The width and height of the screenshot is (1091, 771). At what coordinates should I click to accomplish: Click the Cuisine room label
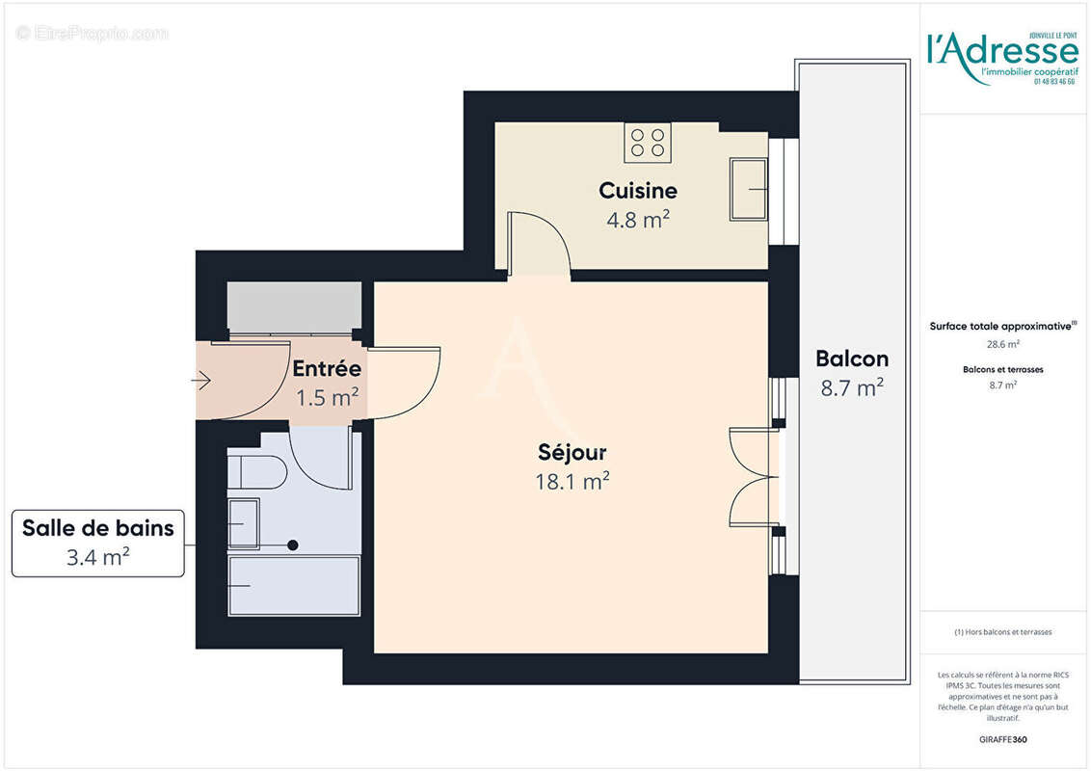(637, 190)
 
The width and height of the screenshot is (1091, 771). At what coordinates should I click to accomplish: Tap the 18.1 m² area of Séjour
(572, 481)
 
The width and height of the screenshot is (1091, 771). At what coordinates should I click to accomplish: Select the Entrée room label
(327, 368)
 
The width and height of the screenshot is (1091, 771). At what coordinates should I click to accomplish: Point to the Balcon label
(851, 359)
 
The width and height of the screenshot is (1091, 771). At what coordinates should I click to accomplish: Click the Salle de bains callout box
(98, 543)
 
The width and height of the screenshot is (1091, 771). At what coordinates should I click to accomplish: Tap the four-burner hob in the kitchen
(648, 143)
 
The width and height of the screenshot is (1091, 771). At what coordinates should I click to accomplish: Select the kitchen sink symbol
(748, 189)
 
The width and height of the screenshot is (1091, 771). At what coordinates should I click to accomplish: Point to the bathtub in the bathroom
(294, 585)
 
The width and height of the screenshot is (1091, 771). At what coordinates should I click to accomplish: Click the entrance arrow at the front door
(201, 382)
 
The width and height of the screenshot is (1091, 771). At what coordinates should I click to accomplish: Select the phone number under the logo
(1054, 82)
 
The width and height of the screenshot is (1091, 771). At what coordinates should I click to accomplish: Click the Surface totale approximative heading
(1002, 327)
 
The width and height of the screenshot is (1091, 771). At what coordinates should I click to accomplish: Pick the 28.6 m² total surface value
(1002, 343)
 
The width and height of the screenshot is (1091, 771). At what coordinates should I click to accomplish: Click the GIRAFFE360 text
(1002, 740)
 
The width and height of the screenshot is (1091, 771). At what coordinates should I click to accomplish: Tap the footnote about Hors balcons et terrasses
(1002, 632)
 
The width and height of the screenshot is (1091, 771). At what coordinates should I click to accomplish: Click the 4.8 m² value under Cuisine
(637, 219)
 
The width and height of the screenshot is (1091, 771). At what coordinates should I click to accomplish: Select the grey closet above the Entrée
(294, 307)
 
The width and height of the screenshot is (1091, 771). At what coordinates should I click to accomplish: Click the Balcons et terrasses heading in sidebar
(1002, 369)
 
